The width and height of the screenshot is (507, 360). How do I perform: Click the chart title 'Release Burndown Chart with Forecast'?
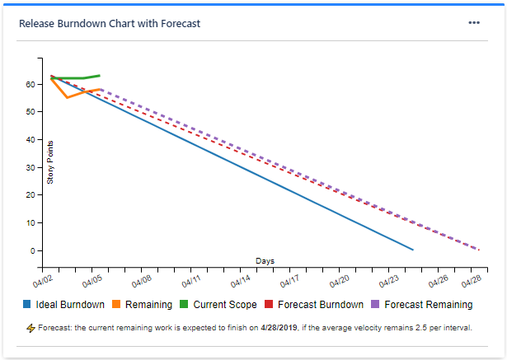pos(109,23)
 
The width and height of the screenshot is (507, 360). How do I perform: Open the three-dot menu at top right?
pos(474,23)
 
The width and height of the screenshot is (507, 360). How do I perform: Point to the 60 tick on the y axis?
pos(29,84)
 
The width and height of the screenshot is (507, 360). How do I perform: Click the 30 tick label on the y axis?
pos(29,167)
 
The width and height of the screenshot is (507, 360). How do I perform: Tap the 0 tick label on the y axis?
pos(31,250)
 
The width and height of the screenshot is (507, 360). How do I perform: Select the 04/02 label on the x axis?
pos(44,280)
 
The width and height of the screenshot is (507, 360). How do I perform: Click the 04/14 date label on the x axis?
pos(241,280)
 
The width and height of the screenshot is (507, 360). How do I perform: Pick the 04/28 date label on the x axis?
pos(472,280)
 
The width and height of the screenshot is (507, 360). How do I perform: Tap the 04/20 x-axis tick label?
pos(340,280)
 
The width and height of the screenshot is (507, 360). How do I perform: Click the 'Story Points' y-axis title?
pos(50,161)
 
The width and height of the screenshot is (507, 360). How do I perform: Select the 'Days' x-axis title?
pos(265,261)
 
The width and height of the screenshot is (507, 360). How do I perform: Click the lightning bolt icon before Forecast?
pos(31,328)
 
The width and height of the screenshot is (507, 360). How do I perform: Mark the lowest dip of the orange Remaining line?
pos(67,98)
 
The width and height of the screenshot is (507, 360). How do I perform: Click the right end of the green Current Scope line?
pos(100,76)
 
